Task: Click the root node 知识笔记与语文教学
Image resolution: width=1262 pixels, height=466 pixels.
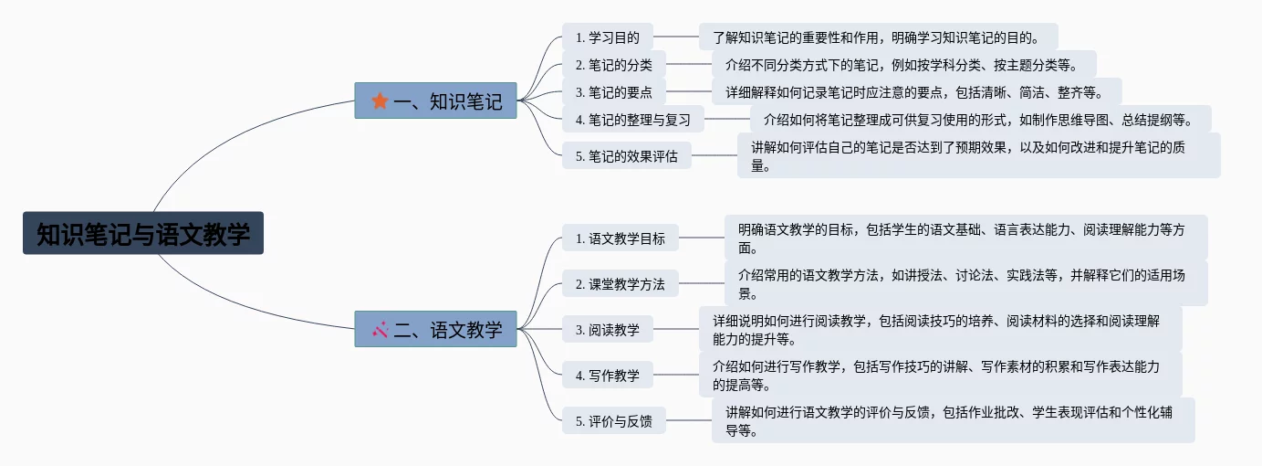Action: [143, 234]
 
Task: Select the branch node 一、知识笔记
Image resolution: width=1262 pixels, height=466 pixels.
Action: [435, 101]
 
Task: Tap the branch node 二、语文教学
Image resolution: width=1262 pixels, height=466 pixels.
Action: [435, 329]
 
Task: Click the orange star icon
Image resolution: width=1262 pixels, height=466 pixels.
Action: [380, 101]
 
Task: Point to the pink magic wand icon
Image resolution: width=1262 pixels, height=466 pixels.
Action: [381, 329]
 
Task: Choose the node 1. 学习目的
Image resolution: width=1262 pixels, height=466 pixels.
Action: [607, 37]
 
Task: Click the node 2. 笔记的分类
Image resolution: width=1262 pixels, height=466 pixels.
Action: [613, 65]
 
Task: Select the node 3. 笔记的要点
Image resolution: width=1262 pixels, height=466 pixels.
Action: [613, 91]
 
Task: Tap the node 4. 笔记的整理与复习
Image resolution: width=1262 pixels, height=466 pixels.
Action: [632, 119]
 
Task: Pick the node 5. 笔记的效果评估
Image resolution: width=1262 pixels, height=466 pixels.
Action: [626, 155]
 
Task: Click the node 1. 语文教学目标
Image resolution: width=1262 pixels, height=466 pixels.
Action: [620, 238]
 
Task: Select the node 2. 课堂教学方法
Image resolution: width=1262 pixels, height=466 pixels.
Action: [620, 284]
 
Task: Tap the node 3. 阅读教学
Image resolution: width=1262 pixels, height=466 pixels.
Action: [607, 330]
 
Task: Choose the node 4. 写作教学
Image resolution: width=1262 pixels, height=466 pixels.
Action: [607, 375]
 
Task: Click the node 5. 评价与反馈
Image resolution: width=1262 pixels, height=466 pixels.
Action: [613, 421]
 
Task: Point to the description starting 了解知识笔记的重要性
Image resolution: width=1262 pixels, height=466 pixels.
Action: [878, 37]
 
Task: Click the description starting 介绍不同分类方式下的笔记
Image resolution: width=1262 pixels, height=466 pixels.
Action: [903, 65]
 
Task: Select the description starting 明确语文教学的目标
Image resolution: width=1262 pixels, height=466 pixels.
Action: [965, 238]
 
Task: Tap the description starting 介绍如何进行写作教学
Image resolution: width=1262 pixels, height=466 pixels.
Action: [940, 375]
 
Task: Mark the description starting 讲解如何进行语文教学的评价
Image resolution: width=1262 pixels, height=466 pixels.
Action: [953, 421]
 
